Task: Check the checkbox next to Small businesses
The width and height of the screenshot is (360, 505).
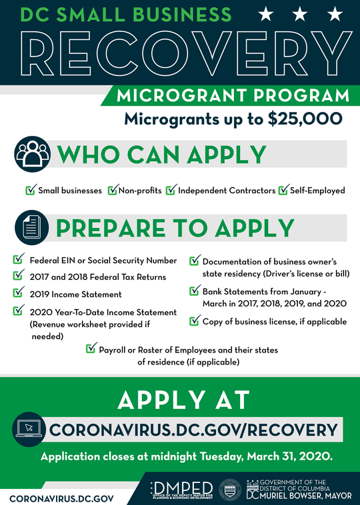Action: coord(30,191)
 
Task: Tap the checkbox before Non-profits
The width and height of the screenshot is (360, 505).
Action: coord(112,191)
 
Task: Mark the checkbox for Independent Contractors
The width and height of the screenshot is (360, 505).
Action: coord(171,191)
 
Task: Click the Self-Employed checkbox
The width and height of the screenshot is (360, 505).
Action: coord(283,191)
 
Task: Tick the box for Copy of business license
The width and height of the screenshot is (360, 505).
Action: coord(195,321)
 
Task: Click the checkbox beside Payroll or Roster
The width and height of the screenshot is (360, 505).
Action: coord(91,348)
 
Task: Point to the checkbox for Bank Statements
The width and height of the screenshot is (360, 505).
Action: coord(195,291)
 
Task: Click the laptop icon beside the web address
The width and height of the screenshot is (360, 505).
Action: coord(29,430)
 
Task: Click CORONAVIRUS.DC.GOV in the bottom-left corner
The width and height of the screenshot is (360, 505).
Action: coord(61,497)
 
